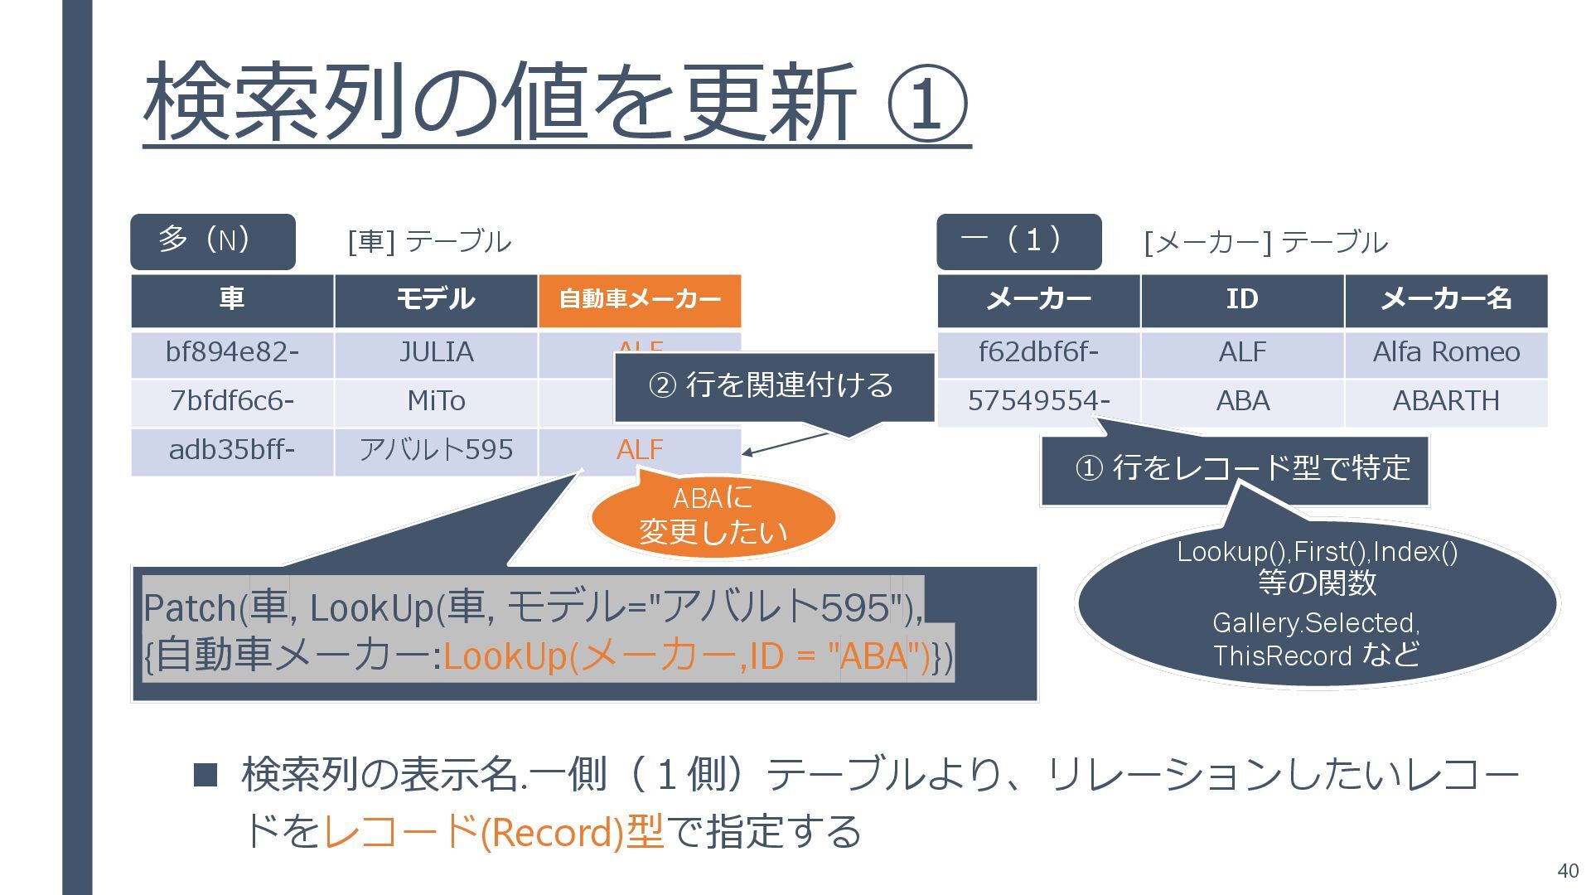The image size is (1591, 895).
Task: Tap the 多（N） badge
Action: point(212,241)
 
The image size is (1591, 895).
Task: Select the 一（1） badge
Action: point(1018,241)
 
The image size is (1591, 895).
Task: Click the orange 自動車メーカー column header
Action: point(639,300)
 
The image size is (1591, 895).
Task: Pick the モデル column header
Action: point(436,300)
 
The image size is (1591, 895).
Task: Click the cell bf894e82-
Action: point(232,353)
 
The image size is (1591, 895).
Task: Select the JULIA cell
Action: point(436,353)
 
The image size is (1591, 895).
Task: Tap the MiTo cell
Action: point(436,402)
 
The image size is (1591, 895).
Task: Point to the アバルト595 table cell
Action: point(436,450)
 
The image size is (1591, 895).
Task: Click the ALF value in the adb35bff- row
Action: point(639,450)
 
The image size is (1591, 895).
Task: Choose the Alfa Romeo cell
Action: point(1446,353)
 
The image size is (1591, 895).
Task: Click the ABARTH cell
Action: point(1446,402)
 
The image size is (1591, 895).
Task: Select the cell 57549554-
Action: point(1038,402)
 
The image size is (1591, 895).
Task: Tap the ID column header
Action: point(1242,300)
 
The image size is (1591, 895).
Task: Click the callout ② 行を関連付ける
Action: point(773,386)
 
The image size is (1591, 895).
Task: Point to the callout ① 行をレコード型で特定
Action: point(1235,469)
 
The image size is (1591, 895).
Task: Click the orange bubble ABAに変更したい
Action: point(713,515)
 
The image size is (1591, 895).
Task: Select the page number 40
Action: point(1568,871)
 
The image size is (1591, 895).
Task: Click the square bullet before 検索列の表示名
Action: point(205,776)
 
